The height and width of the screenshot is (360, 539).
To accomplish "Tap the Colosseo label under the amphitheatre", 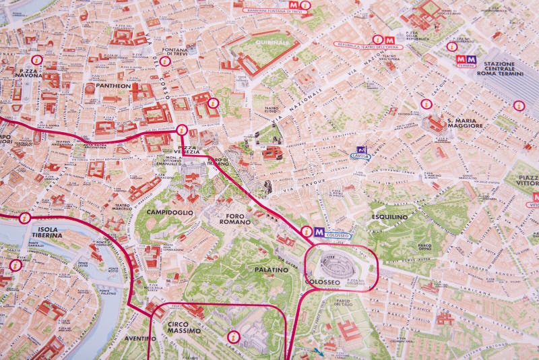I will click(323, 282).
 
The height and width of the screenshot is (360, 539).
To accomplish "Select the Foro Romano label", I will click(234, 218).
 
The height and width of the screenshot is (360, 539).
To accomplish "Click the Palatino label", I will click(272, 270).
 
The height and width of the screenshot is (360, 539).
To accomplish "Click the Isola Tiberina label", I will click(45, 231).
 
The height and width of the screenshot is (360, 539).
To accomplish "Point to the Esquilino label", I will click(389, 216).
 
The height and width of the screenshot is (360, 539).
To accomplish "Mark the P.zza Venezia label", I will click(186, 150).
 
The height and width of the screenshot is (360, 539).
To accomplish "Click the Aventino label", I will click(140, 338).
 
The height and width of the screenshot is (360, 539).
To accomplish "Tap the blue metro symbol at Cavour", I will click(361, 150).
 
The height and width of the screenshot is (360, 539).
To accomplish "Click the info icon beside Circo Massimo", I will click(234, 336).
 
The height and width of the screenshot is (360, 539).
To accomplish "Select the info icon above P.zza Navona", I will click(36, 60).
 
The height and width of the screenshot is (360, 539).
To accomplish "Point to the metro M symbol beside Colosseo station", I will click(319, 232).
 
